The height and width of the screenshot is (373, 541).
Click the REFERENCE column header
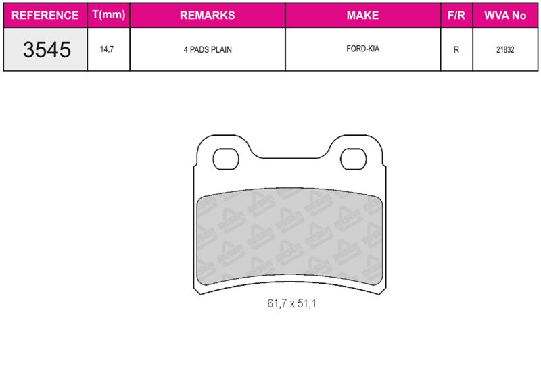[45, 15]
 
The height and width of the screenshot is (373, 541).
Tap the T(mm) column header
[109, 15]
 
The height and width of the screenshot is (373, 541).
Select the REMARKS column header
[208, 15]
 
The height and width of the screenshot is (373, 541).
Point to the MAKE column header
[362, 15]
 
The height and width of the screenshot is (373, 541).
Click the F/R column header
[456, 15]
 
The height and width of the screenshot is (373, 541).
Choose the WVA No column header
[505, 15]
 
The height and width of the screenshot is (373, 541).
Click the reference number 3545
[47, 49]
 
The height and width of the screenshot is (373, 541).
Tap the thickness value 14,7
[107, 49]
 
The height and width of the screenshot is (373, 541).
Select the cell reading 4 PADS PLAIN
[208, 49]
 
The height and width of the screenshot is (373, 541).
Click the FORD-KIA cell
[362, 49]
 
